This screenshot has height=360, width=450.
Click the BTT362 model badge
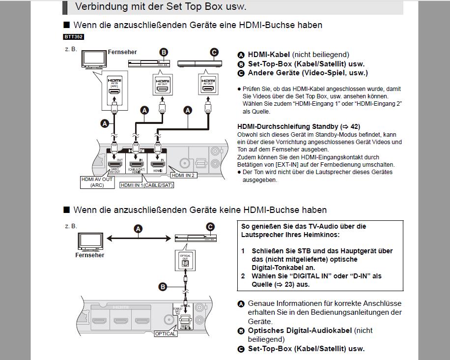[73, 37]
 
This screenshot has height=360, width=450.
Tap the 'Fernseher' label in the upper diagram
[122, 52]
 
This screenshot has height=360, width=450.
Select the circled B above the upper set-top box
[164, 52]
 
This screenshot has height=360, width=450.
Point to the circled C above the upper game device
[214, 52]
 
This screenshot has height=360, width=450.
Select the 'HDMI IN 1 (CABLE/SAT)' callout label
[147, 185]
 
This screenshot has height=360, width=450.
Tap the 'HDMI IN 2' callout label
[183, 175]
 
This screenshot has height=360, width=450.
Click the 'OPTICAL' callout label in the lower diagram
[165, 333]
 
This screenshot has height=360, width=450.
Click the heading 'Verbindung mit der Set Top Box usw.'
[161, 7]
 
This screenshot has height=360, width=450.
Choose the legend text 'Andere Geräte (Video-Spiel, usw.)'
[308, 73]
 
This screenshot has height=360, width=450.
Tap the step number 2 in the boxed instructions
[243, 276]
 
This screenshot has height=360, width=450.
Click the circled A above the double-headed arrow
[139, 229]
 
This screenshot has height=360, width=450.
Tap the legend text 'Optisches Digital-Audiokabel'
[300, 330]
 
